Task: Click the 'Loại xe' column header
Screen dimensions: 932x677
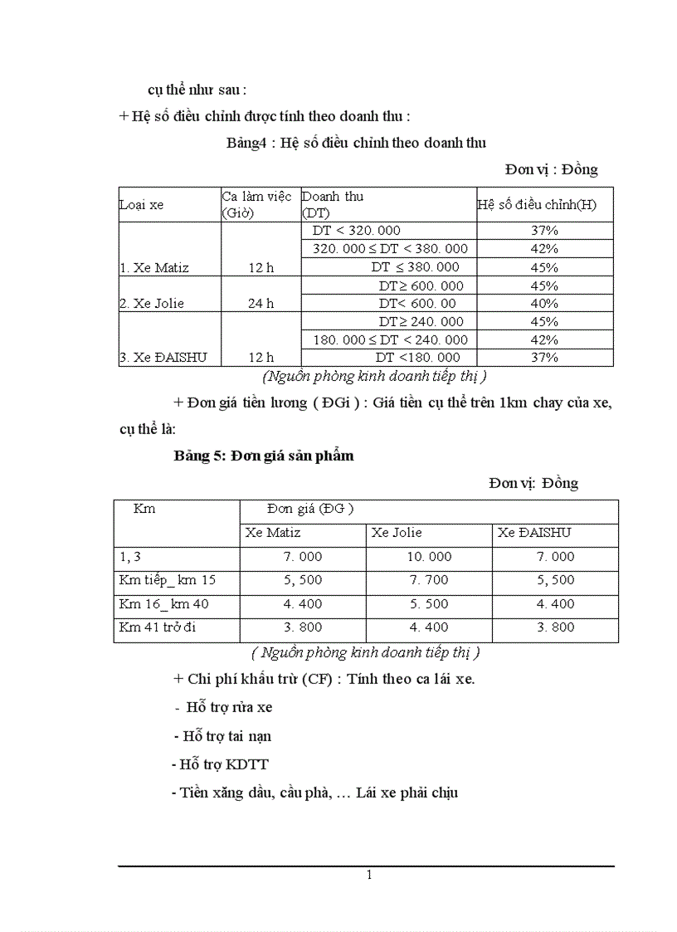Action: point(142,205)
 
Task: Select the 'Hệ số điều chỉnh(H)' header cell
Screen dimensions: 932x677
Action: point(537,205)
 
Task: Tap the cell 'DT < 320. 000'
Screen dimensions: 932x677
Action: point(356,231)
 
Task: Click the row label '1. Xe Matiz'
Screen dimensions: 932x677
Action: point(154,267)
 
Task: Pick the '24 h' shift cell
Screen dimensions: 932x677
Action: point(261,303)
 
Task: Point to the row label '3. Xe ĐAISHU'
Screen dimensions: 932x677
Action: point(162,357)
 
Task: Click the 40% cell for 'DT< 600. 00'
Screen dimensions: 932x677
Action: point(544,303)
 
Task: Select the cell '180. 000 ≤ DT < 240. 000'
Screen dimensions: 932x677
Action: point(390,339)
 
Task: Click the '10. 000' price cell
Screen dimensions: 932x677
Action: point(429,557)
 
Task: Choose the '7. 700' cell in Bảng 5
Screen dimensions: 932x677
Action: point(429,581)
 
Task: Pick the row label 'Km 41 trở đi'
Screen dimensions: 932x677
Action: point(158,627)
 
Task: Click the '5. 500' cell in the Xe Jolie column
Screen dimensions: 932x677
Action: point(429,604)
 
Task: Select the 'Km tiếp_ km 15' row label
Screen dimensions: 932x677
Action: point(167,581)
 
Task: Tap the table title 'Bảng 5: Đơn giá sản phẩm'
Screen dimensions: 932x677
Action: point(264,456)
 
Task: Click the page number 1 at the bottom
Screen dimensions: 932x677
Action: point(369,876)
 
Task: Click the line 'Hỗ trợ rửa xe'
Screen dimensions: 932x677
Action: point(224,707)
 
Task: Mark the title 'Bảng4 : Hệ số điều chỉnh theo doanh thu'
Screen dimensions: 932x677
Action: point(356,143)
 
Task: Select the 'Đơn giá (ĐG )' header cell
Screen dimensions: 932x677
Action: point(310,509)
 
